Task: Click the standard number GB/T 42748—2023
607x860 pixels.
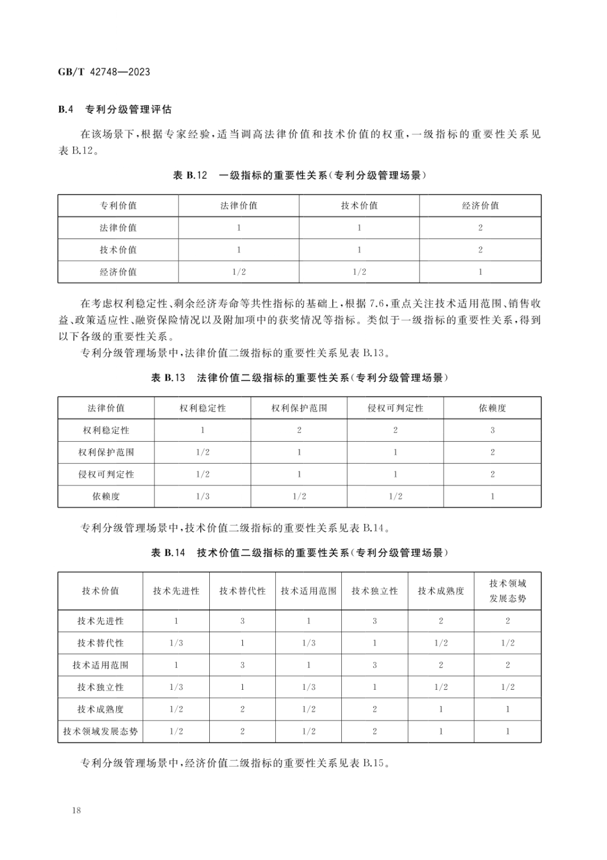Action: coord(104,72)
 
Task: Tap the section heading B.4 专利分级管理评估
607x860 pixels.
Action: coord(115,109)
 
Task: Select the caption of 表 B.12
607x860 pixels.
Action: coord(299,175)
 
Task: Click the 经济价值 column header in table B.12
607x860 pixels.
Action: coord(480,205)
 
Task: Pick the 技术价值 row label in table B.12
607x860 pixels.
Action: coord(118,250)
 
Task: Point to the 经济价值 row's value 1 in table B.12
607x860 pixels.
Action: coord(480,272)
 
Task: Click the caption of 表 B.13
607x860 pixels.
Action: coord(299,378)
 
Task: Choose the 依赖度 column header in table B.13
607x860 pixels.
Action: coord(492,408)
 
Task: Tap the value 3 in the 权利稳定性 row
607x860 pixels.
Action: coord(492,430)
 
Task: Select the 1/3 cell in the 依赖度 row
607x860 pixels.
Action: coord(203,496)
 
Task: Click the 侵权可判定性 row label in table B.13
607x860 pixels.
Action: coord(106,474)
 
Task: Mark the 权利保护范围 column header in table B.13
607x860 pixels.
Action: coord(299,408)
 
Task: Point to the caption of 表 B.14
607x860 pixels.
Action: coord(299,553)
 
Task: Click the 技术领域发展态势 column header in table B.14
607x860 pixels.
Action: coord(507,591)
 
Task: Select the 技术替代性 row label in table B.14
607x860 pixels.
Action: coord(100,643)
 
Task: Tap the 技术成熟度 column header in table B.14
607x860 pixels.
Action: coord(441,591)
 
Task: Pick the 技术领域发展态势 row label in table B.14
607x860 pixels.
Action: coord(100,731)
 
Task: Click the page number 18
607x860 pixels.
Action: coord(76,810)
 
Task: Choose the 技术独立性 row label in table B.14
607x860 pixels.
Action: coord(100,687)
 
